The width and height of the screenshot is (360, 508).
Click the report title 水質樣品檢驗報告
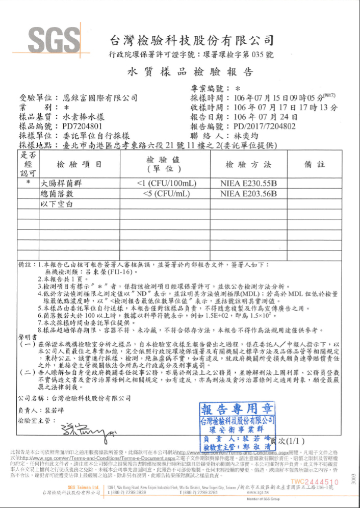[190, 72]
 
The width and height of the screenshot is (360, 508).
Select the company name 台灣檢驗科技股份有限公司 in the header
[192, 40]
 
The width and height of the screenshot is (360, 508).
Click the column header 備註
[315, 165]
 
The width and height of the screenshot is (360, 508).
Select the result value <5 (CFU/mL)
[166, 194]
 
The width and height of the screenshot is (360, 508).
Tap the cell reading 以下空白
[58, 204]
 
